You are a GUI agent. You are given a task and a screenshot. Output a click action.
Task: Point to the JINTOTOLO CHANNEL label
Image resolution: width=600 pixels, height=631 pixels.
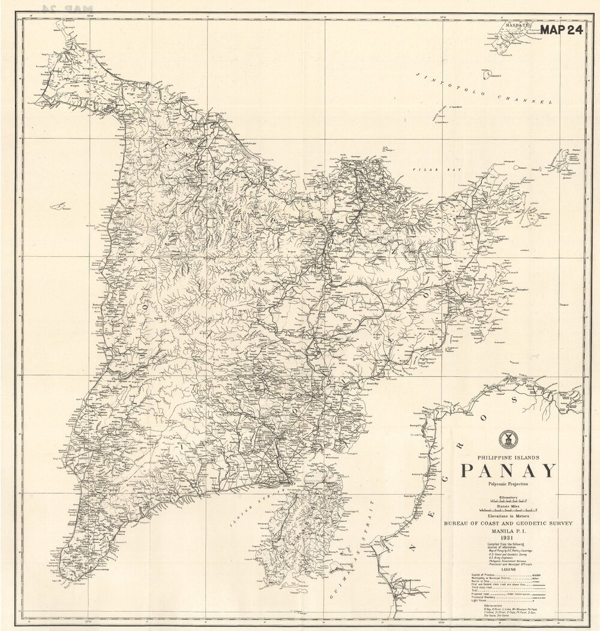click(x=482, y=89)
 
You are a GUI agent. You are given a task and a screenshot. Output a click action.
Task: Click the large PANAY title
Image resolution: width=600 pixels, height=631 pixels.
click(x=509, y=470)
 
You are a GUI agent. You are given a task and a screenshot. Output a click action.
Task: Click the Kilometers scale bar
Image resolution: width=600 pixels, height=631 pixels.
click(x=509, y=500)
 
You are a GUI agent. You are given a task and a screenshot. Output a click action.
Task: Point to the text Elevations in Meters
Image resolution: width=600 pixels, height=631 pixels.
click(x=509, y=516)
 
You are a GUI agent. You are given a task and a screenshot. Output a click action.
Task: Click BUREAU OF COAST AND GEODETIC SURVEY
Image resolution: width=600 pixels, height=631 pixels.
click(x=509, y=524)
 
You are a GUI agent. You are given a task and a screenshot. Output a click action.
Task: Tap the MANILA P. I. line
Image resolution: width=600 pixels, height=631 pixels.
click(x=509, y=531)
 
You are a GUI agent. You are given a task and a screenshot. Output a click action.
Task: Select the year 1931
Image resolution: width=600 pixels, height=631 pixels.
click(x=509, y=539)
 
